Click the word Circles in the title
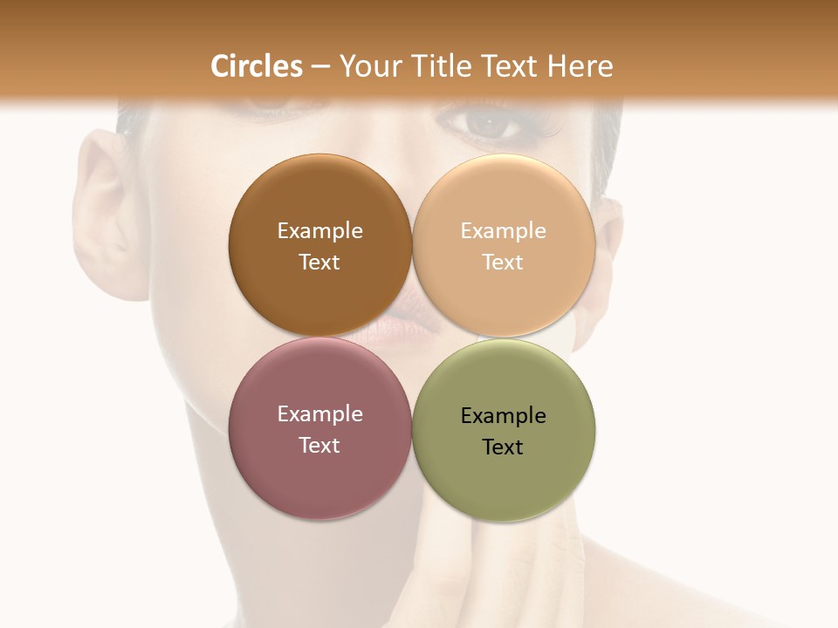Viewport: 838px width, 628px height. (257, 66)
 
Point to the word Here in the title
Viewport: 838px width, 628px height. (580, 66)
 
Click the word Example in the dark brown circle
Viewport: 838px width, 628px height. (319, 231)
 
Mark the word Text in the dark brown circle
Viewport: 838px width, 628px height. (319, 263)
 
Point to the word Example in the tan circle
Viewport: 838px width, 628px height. (503, 231)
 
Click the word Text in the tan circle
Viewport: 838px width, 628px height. (503, 263)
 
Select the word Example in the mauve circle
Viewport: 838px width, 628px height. (319, 414)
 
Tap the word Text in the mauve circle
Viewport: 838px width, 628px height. (319, 446)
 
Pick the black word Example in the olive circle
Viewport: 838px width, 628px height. (503, 416)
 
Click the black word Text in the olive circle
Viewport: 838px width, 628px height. (503, 447)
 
